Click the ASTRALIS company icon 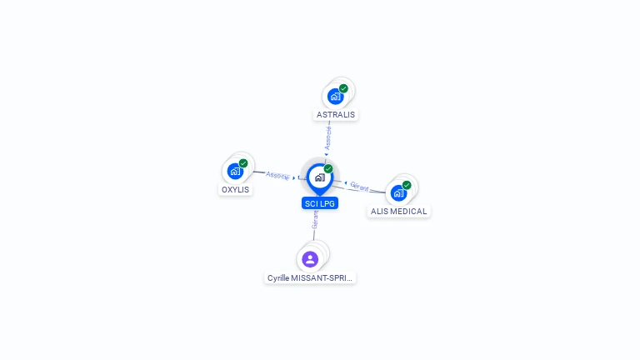coord(335,96)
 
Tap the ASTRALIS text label coord(335,114)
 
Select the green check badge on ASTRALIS coord(343,88)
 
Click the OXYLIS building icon coord(235,171)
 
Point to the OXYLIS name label coord(235,189)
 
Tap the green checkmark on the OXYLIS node coord(243,163)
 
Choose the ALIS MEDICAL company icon coord(398,192)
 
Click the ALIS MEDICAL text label coord(398,212)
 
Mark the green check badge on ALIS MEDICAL coord(407,185)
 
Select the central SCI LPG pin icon coord(319,177)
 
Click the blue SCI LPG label coord(320,203)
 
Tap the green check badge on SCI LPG coord(328,169)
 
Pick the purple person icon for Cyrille coord(310,259)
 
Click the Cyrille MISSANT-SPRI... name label coord(310,277)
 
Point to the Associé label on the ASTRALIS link coord(328,137)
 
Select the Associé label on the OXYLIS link coord(277,175)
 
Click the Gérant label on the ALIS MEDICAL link coord(359,186)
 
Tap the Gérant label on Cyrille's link coord(315,219)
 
